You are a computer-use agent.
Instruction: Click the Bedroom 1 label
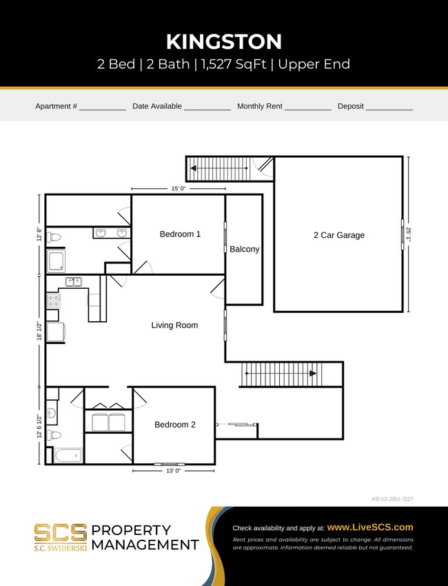click(x=180, y=234)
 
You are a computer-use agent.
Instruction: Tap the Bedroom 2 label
click(x=174, y=425)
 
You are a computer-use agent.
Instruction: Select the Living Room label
click(x=174, y=325)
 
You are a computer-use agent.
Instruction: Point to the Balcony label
click(x=244, y=250)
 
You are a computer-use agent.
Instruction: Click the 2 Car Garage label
click(x=338, y=235)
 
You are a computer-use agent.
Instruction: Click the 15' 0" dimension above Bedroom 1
click(x=178, y=188)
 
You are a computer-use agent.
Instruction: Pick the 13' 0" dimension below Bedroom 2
click(x=174, y=471)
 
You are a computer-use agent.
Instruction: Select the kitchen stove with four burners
click(x=53, y=301)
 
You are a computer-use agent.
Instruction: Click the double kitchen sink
click(x=74, y=281)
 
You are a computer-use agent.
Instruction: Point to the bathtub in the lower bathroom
click(x=68, y=456)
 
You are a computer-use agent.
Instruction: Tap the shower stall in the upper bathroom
click(x=56, y=261)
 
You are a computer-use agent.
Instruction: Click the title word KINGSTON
click(x=224, y=41)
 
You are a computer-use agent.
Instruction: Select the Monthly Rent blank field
click(x=307, y=107)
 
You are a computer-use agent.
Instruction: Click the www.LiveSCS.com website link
click(x=370, y=527)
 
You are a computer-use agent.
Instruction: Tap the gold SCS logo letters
click(x=61, y=532)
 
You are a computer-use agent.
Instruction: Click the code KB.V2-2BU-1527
click(x=392, y=498)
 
